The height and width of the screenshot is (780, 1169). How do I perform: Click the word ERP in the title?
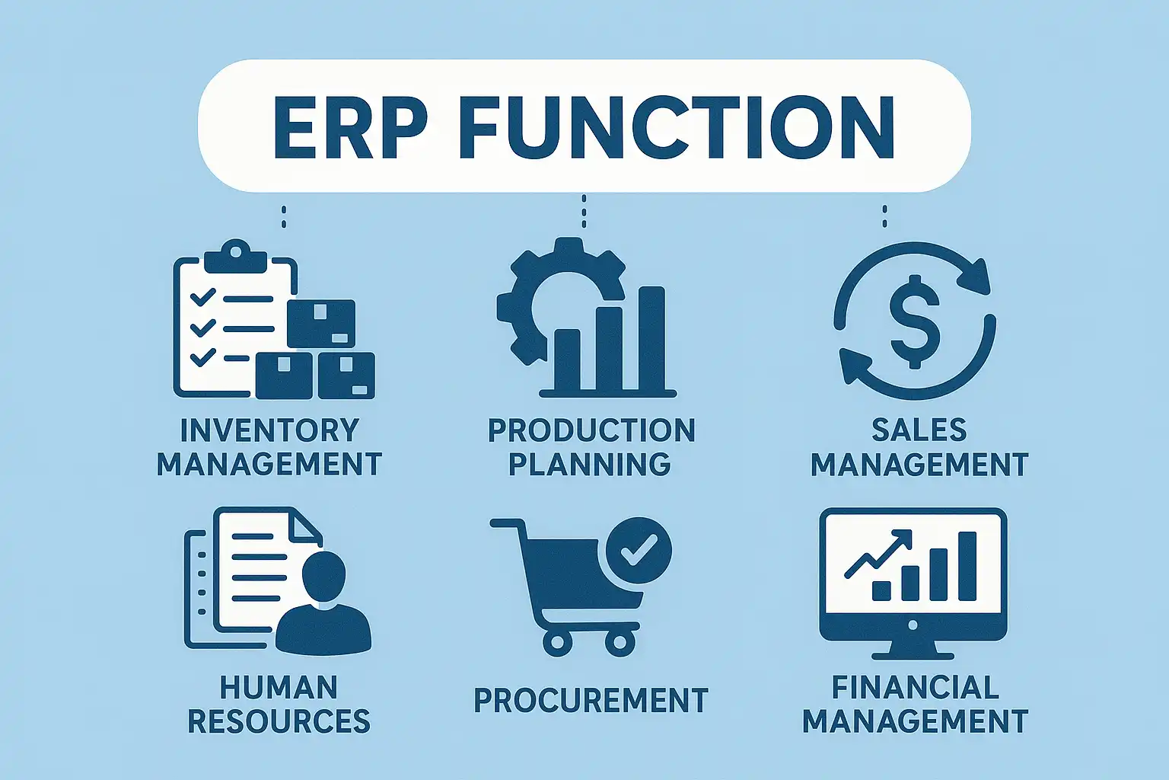(x=347, y=126)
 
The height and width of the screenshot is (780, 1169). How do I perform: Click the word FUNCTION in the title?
(x=677, y=126)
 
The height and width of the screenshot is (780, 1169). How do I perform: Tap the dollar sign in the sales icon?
(x=914, y=322)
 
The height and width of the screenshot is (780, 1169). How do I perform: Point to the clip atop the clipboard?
(x=235, y=257)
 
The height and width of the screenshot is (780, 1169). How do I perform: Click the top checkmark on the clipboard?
(x=202, y=297)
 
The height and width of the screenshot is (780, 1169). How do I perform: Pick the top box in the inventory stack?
(x=321, y=324)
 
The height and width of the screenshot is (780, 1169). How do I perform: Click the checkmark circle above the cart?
(x=639, y=550)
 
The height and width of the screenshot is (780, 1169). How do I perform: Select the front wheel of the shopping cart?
(x=620, y=643)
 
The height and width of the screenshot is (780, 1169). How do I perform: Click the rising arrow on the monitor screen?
(x=878, y=554)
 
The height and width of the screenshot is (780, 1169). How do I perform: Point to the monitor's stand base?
(x=913, y=654)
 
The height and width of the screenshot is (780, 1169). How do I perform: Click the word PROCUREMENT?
(x=591, y=701)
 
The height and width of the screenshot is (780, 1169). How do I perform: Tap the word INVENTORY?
(x=269, y=430)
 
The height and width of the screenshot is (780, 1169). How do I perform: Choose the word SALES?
(x=919, y=430)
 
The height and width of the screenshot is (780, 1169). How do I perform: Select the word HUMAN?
(x=279, y=687)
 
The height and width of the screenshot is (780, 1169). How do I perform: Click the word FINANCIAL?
(x=915, y=687)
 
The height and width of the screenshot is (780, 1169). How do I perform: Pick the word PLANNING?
(x=590, y=464)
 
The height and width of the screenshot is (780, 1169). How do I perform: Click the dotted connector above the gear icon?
(x=584, y=211)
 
